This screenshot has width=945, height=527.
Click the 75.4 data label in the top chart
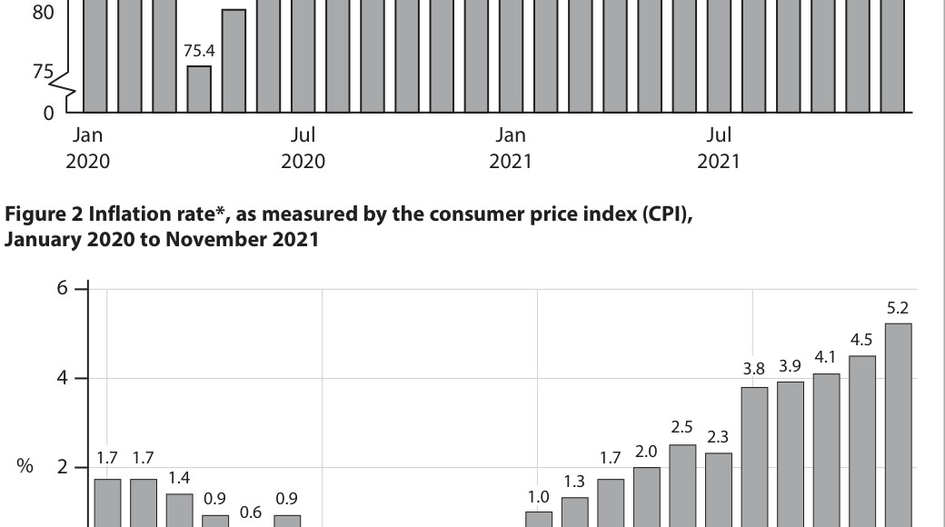(199, 51)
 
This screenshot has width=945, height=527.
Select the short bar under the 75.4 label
(199, 89)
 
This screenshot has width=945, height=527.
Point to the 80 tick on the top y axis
(44, 12)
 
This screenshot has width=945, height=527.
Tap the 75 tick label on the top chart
(43, 72)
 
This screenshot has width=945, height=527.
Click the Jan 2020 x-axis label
(87, 148)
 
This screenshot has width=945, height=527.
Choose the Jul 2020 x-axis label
(303, 148)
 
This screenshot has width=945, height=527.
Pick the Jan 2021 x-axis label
(511, 148)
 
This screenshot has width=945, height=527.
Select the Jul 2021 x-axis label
(719, 148)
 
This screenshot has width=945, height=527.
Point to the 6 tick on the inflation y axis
(62, 288)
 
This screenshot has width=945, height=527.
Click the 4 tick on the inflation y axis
(62, 378)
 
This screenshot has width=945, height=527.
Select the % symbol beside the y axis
(25, 465)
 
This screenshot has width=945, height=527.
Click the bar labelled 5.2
(898, 425)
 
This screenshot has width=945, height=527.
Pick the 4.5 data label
(861, 340)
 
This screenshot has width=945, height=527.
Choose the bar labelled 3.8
(754, 457)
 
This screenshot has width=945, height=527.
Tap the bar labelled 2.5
(682, 486)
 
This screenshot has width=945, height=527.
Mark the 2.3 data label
(717, 436)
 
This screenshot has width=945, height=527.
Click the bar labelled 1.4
(180, 510)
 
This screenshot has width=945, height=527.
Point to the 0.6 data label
(251, 512)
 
